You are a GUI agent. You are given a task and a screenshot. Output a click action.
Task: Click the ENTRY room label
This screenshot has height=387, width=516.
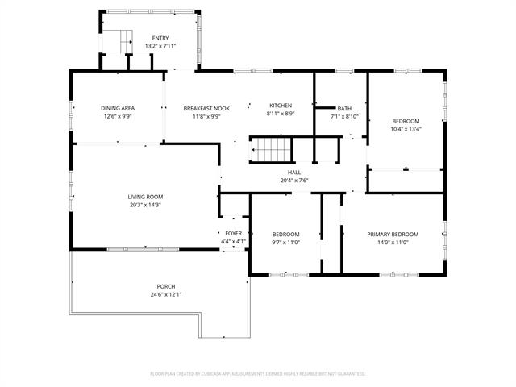click(160, 38)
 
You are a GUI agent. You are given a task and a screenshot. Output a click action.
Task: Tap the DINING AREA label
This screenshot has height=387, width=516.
click(118, 108)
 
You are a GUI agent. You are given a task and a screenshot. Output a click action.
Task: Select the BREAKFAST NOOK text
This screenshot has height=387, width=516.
click(206, 109)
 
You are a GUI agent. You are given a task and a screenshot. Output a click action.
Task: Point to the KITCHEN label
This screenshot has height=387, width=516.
click(281, 106)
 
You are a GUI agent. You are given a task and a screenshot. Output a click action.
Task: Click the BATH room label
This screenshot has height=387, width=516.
click(344, 109)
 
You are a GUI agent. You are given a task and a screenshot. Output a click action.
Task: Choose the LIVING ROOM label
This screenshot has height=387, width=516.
click(145, 197)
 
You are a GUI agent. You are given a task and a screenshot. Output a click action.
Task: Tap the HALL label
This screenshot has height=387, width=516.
click(294, 173)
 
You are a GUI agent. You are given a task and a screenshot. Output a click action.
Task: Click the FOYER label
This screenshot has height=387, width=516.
click(233, 234)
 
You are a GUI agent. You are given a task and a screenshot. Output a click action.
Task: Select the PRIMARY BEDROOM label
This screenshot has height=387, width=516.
click(393, 235)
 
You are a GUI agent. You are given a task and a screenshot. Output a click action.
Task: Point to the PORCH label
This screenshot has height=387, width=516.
click(166, 287)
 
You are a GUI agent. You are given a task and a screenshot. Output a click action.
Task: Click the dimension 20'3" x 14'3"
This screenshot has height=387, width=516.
click(145, 205)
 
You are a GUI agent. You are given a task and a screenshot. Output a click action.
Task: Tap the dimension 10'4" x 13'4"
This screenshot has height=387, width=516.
click(406, 129)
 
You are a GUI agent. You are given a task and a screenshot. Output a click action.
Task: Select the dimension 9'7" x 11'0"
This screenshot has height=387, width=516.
click(285, 243)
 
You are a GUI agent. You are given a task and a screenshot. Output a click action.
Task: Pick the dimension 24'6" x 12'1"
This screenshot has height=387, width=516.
click(166, 294)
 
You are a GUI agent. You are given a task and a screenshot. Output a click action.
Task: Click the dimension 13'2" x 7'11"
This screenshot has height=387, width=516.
click(160, 46)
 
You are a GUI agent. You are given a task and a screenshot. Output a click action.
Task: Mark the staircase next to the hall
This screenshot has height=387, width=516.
click(271, 150)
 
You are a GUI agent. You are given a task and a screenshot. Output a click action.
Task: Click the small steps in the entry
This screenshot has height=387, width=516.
click(127, 42)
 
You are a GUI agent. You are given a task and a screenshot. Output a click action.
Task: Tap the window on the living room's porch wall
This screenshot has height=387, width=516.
click(143, 249)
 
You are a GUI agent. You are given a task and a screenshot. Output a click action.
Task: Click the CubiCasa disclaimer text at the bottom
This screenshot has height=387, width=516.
click(258, 374)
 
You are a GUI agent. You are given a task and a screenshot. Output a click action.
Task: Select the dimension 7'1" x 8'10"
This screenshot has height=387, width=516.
click(344, 116)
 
